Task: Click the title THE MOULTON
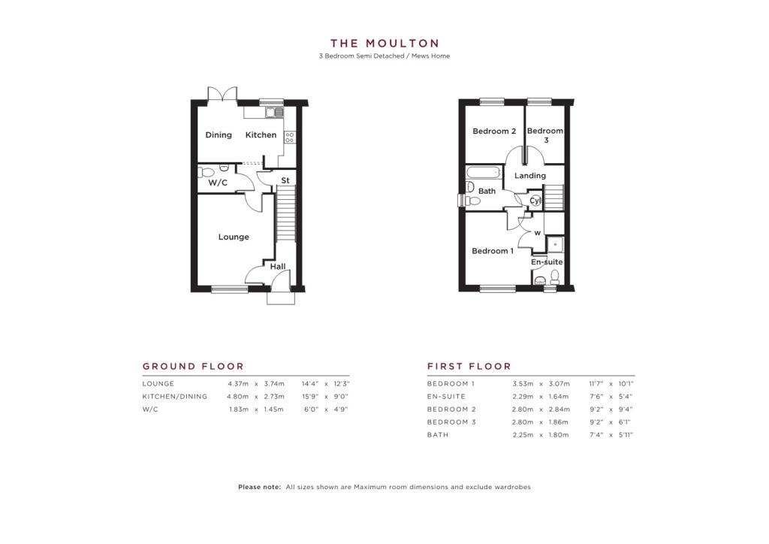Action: click(x=384, y=44)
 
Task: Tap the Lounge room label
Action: click(x=234, y=237)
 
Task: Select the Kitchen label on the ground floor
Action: click(x=261, y=135)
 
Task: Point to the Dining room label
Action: click(x=219, y=135)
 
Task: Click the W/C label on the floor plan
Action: click(x=218, y=183)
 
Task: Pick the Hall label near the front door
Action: click(x=278, y=267)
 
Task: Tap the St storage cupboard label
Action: click(x=285, y=180)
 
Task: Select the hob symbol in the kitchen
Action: click(x=289, y=138)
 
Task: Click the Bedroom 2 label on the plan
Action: click(x=494, y=131)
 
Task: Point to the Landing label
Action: click(x=529, y=176)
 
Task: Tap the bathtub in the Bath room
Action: click(x=484, y=172)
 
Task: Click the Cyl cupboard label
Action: click(x=535, y=201)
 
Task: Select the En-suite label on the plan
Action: click(x=547, y=262)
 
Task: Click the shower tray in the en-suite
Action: click(x=555, y=244)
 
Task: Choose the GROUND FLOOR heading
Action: click(x=193, y=367)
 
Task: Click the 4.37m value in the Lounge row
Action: click(x=238, y=384)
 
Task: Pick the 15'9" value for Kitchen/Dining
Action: click(x=310, y=396)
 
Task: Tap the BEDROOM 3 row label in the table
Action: click(x=451, y=422)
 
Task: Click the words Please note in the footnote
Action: click(x=259, y=487)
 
